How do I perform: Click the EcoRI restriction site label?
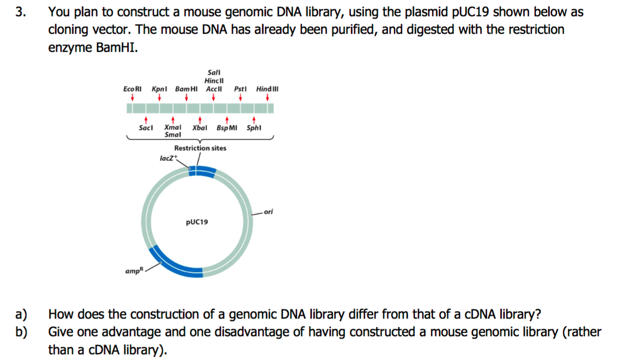click(x=132, y=89)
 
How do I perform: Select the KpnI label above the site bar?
click(x=159, y=89)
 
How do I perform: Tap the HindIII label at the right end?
click(x=267, y=89)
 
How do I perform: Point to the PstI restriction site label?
click(x=240, y=89)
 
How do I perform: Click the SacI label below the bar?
click(x=145, y=128)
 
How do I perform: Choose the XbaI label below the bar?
click(x=200, y=128)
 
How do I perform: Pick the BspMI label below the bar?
click(x=227, y=128)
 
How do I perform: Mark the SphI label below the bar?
click(x=254, y=128)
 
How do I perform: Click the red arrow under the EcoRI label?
click(x=132, y=98)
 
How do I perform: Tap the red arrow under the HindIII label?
click(x=268, y=98)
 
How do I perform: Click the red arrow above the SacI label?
click(x=145, y=119)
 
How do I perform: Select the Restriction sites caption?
click(x=200, y=148)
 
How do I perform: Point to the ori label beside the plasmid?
click(x=268, y=212)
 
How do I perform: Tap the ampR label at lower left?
click(x=133, y=271)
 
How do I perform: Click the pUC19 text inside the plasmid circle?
click(x=197, y=222)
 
